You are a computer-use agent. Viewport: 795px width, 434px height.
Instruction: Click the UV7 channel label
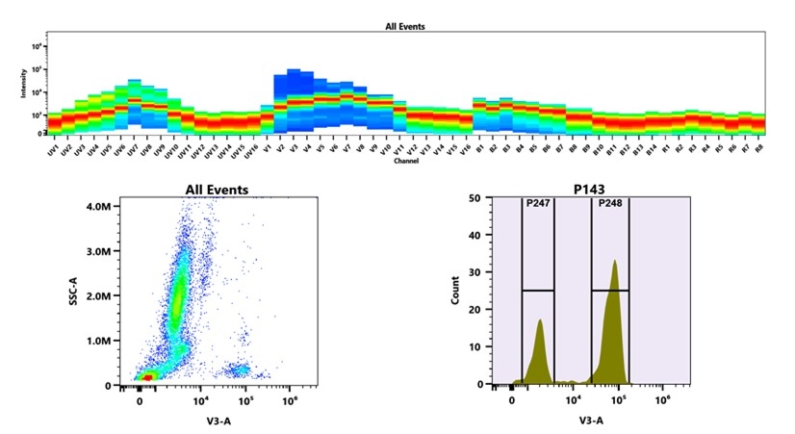[133, 151]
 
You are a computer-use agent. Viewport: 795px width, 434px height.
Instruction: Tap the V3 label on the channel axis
[294, 151]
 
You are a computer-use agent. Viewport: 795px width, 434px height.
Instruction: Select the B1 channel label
[478, 151]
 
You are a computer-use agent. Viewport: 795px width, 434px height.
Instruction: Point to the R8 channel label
[758, 151]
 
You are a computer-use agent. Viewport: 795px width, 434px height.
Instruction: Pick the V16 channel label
[464, 152]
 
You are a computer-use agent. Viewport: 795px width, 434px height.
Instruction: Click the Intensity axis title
[24, 88]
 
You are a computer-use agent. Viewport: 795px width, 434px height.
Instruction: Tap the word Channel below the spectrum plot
[405, 161]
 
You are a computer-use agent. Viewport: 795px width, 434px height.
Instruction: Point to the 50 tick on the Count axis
[474, 198]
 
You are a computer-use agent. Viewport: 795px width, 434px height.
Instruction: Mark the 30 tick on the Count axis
[474, 272]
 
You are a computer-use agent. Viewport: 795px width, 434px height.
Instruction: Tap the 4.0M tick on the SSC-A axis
[98, 206]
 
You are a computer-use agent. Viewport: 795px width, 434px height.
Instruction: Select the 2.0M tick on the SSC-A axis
[98, 295]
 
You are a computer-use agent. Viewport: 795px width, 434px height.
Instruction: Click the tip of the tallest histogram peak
[614, 261]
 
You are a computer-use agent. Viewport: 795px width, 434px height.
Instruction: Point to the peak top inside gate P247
[540, 320]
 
